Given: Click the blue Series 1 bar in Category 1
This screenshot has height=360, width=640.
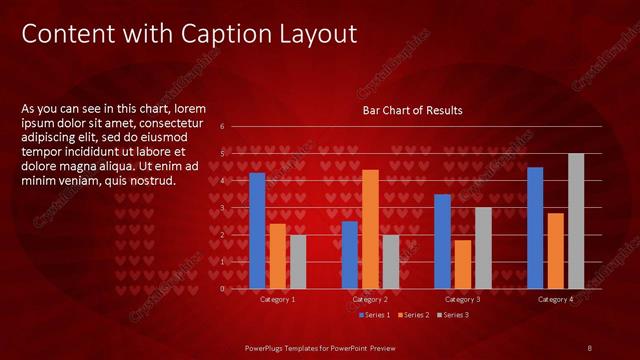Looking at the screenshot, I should pos(257,230).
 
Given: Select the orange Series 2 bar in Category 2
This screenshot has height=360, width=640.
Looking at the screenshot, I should pos(370,229).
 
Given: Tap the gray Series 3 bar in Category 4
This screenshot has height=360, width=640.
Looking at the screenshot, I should pos(576,221).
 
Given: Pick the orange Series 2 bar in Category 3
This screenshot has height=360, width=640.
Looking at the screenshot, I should pos(463,264).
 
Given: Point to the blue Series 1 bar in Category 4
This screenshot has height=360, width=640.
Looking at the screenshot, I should pos(535,228).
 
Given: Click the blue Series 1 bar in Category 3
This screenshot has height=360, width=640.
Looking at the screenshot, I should pos(443,241).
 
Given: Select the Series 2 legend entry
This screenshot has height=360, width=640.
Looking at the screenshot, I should pos(414,315).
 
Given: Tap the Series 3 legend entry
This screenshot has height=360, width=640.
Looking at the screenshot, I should pos(454,315).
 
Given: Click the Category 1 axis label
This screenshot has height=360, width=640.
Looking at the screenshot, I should pos(277,299).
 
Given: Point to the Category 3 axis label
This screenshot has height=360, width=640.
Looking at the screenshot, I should pos(463,299).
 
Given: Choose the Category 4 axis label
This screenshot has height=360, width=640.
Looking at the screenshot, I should pos(556,299).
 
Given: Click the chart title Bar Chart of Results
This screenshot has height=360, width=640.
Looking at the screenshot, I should pos(412,110).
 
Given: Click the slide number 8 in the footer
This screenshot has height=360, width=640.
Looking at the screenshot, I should pos(590,346).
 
